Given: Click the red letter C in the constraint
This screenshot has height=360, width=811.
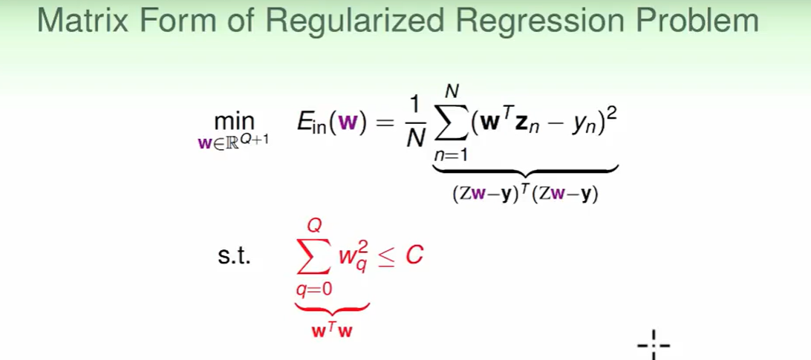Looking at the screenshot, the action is pos(414,256).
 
